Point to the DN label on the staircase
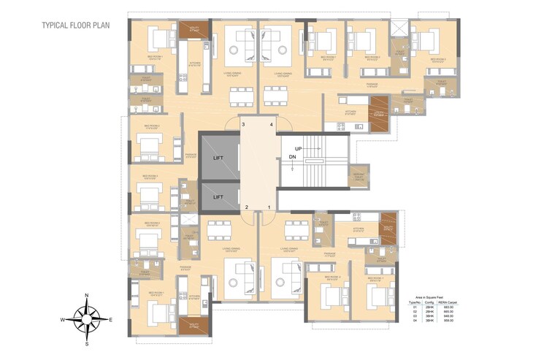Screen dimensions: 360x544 click(292, 157)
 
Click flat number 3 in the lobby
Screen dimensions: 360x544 click(244, 125)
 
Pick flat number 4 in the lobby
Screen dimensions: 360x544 click(271, 125)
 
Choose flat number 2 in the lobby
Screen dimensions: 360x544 click(247, 207)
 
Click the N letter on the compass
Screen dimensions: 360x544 click(87, 295)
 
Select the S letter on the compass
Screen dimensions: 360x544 click(87, 343)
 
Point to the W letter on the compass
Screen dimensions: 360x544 click(63, 320)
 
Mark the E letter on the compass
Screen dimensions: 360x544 click(110, 320)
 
